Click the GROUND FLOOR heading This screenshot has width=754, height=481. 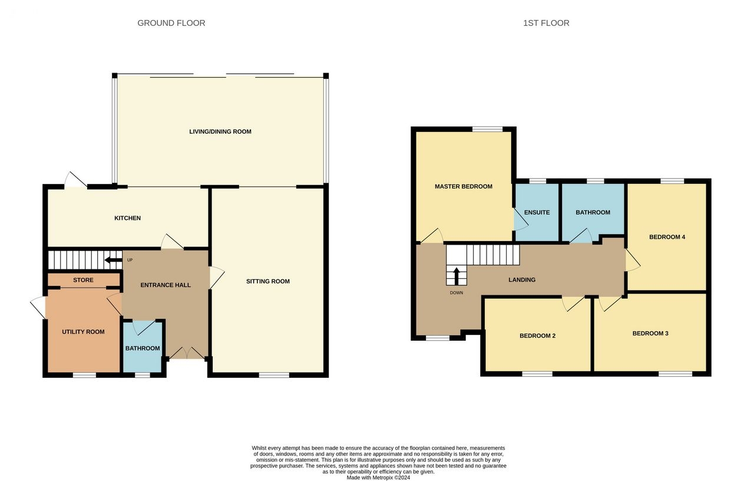[x=171, y=23]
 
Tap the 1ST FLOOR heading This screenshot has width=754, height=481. [x=546, y=23]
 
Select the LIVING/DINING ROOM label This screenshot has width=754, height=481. [x=220, y=131]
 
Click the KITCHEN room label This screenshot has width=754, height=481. [x=128, y=218]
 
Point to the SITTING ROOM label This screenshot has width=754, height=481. [x=268, y=282]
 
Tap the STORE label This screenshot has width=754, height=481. [x=84, y=280]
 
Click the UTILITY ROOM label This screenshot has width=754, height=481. [x=83, y=332]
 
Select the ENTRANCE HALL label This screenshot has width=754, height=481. [x=166, y=285]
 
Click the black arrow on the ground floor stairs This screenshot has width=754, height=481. [x=114, y=260]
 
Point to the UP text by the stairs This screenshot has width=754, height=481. [x=130, y=260]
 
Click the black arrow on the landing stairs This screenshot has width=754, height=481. [x=457, y=276]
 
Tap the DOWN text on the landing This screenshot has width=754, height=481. [x=457, y=293]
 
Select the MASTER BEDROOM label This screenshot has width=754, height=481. [x=464, y=187]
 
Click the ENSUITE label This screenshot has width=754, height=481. [x=537, y=213]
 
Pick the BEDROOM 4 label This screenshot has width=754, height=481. [x=667, y=237]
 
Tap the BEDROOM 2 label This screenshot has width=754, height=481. [x=538, y=336]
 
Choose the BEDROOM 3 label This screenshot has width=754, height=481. [x=650, y=334]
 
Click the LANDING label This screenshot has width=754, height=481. [x=522, y=280]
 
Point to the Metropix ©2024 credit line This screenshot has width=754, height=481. [x=378, y=477]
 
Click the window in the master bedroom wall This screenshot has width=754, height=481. [x=487, y=129]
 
